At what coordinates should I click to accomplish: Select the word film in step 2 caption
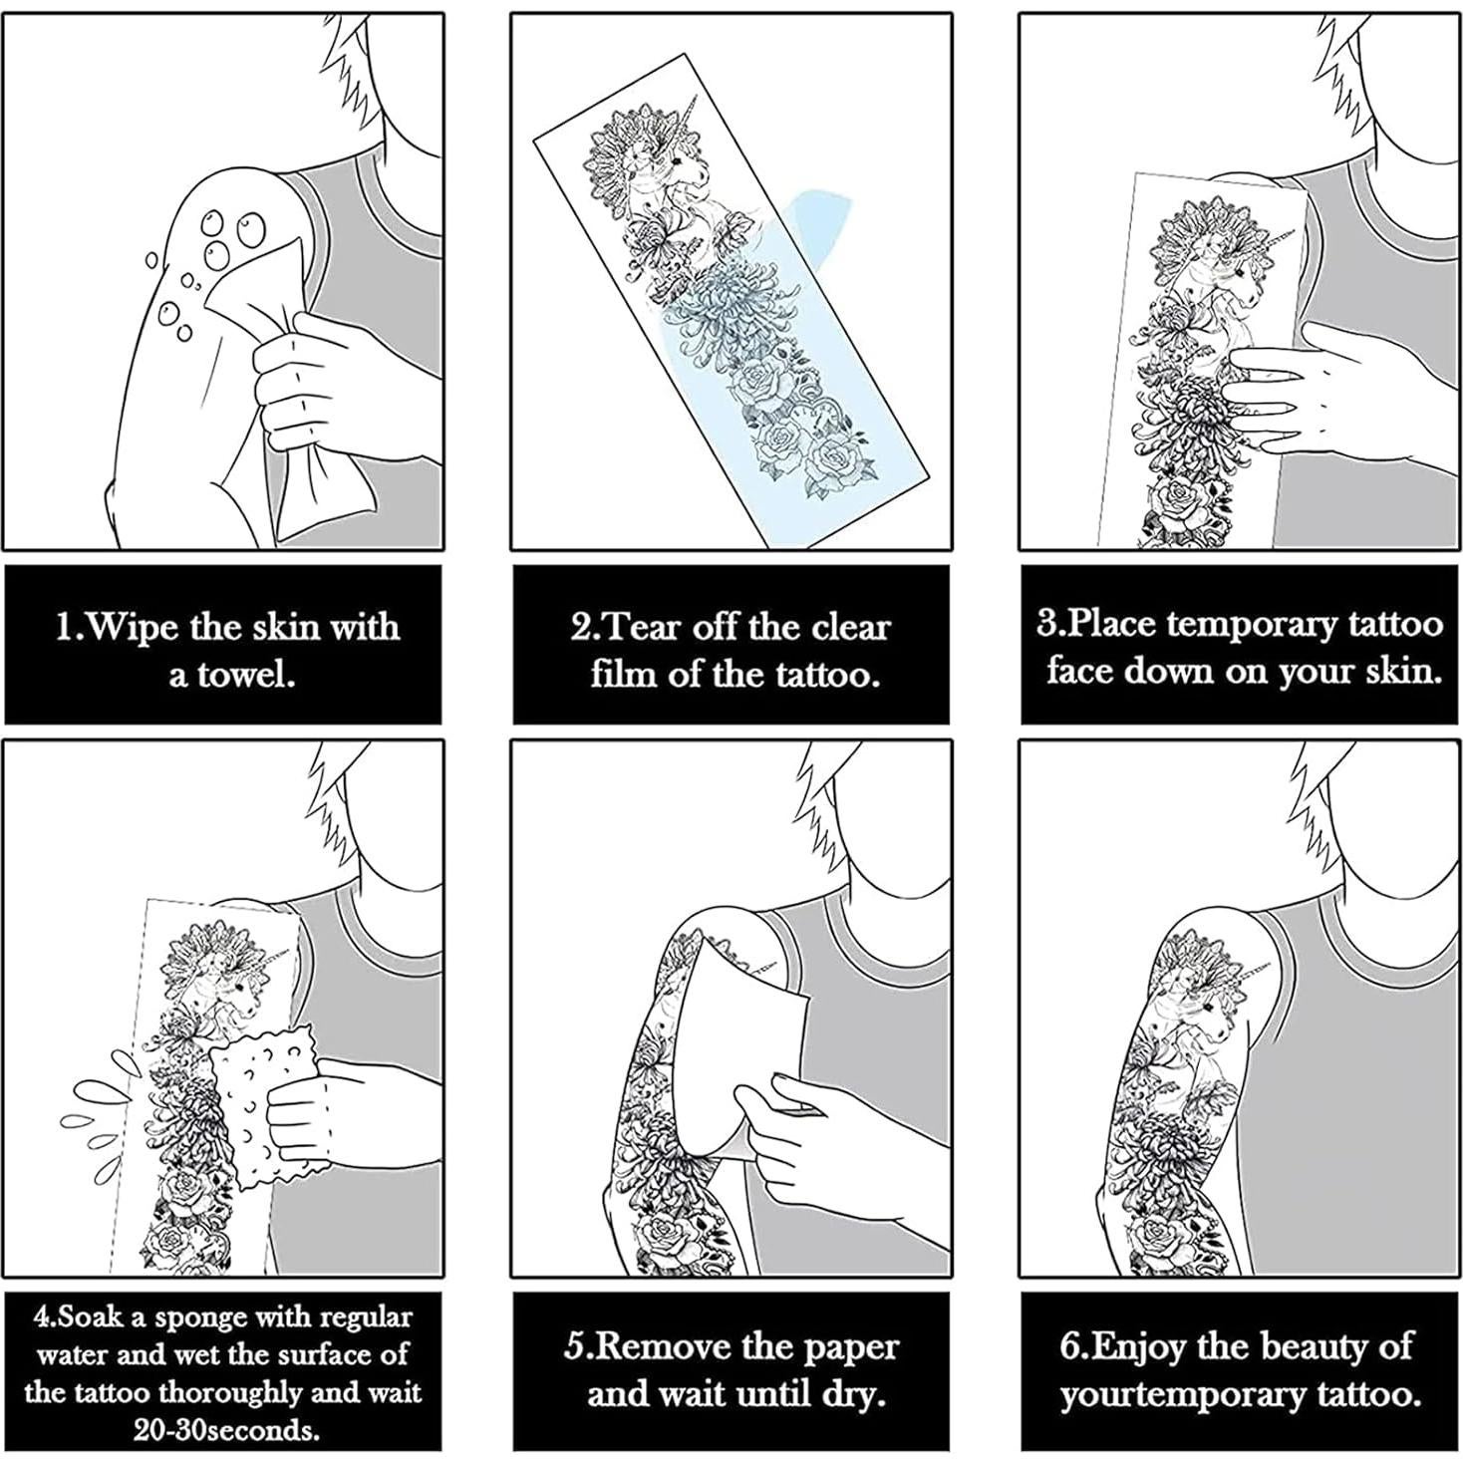coord(627,675)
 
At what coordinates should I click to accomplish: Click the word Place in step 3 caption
coord(1113,624)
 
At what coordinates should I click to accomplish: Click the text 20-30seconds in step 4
coord(227,1431)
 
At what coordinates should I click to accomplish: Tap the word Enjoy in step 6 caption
coord(1141,1347)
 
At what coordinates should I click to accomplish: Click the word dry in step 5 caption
coord(856,1393)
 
